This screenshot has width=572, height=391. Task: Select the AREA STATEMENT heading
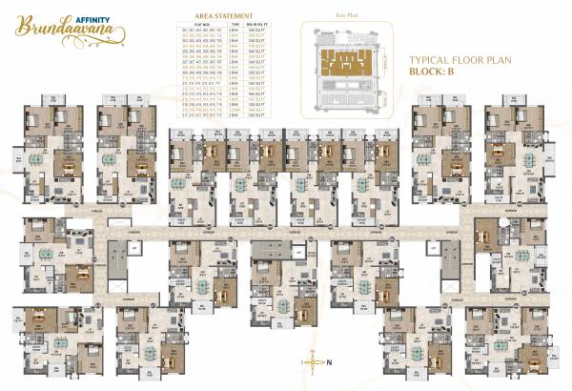click(x=224, y=17)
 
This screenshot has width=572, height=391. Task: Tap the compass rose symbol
click(x=309, y=362)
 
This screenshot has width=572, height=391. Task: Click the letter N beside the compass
click(x=328, y=362)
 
